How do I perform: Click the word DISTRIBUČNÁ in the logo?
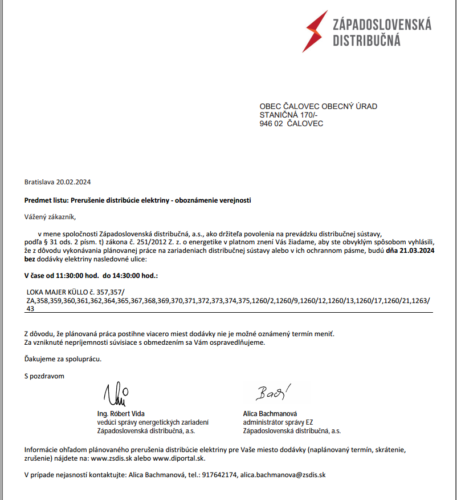[366, 41]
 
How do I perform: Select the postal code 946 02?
[271, 123]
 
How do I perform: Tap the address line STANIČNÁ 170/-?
[289, 115]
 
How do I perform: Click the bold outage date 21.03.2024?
[417, 251]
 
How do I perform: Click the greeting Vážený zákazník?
[50, 217]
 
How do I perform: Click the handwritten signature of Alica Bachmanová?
[272, 392]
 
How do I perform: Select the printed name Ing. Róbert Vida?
[121, 413]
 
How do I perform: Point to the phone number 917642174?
[219, 474]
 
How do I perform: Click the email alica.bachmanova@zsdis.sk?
[283, 474]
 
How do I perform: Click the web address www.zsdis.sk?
[111, 458]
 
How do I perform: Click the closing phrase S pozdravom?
[44, 376]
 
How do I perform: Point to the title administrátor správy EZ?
[278, 422]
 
